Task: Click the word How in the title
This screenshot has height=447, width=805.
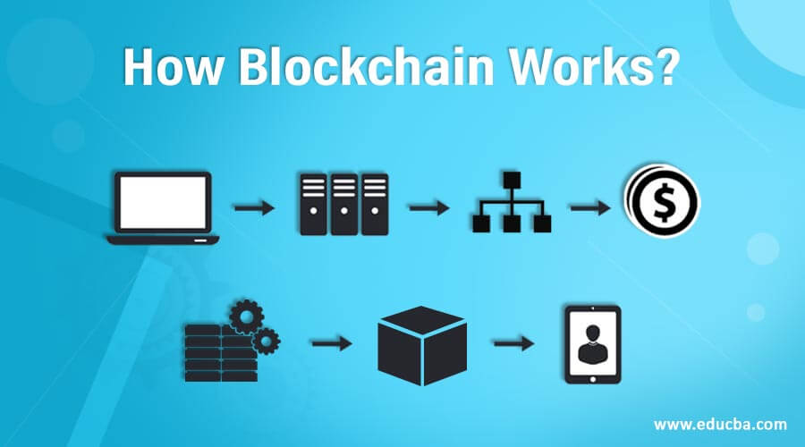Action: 173,68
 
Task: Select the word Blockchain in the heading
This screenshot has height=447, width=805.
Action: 366,67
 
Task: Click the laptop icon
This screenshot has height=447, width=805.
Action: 163,207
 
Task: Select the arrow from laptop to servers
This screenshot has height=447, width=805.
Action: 254,207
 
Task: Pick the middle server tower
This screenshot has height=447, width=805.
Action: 344,204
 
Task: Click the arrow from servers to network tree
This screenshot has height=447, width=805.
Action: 429,207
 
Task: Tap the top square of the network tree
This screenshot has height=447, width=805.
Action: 512,180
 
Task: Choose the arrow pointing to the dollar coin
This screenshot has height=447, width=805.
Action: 590,207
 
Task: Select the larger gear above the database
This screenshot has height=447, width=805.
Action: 247,316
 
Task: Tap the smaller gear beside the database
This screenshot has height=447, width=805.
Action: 266,341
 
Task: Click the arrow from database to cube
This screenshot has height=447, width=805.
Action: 332,342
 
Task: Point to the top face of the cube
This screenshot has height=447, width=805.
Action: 422,321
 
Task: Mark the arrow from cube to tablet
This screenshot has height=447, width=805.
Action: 514,342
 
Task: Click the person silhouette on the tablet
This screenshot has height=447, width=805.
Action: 592,344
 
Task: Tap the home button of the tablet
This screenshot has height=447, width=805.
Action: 593,379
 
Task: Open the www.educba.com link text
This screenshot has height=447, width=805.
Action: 720,425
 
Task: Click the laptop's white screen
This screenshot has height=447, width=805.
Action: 163,202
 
